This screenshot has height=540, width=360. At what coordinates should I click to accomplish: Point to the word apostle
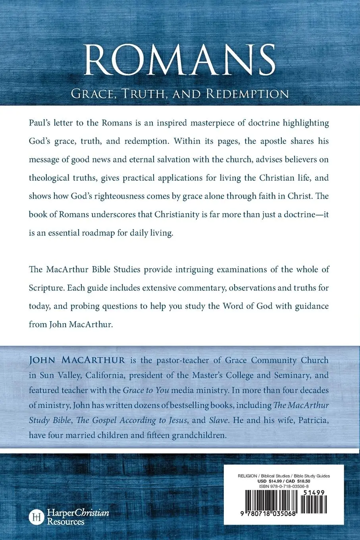(270, 141)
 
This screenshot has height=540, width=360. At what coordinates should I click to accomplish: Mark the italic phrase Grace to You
(146, 390)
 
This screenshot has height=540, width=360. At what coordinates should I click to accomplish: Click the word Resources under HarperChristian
(65, 522)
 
